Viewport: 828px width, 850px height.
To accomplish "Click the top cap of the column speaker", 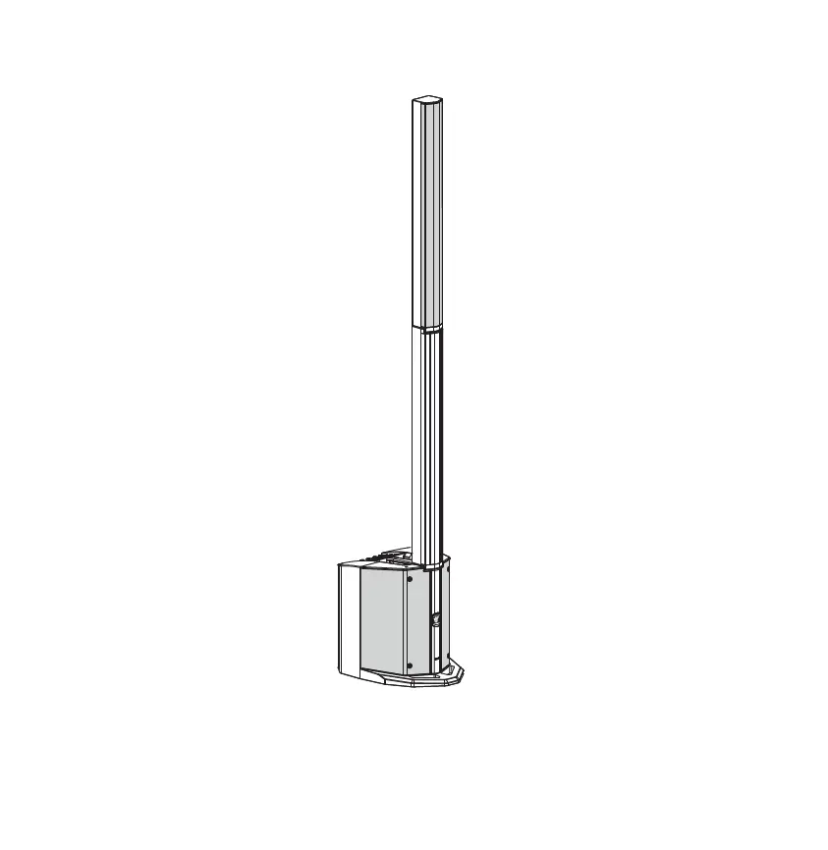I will point(426,100).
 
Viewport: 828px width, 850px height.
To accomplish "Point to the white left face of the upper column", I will point(416,216).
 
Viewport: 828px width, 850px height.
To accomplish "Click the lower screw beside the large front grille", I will point(410,664).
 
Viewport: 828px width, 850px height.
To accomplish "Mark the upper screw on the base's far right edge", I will point(448,576).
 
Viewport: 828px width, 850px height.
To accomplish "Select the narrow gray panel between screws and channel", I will point(420,623).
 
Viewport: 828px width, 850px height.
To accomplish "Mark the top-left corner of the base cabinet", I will point(339,565).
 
